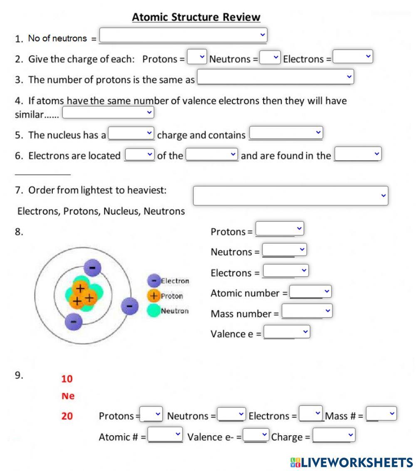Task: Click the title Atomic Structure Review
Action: point(196,17)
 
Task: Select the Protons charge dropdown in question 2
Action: point(197,57)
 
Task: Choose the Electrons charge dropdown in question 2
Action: point(353,57)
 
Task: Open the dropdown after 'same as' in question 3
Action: point(275,77)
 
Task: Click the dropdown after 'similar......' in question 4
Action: point(108,113)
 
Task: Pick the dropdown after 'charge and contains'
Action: point(286,133)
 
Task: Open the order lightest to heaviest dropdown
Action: point(290,195)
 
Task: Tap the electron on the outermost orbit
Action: point(129,307)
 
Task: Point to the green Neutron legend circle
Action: point(154,310)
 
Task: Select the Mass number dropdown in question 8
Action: point(307,311)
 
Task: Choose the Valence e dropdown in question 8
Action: point(287,332)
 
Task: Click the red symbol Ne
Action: point(68,396)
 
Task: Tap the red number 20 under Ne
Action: point(67,416)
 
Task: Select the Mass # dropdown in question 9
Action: point(381,414)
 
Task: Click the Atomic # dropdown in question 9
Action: point(165,435)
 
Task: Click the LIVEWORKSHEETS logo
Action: point(352,462)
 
